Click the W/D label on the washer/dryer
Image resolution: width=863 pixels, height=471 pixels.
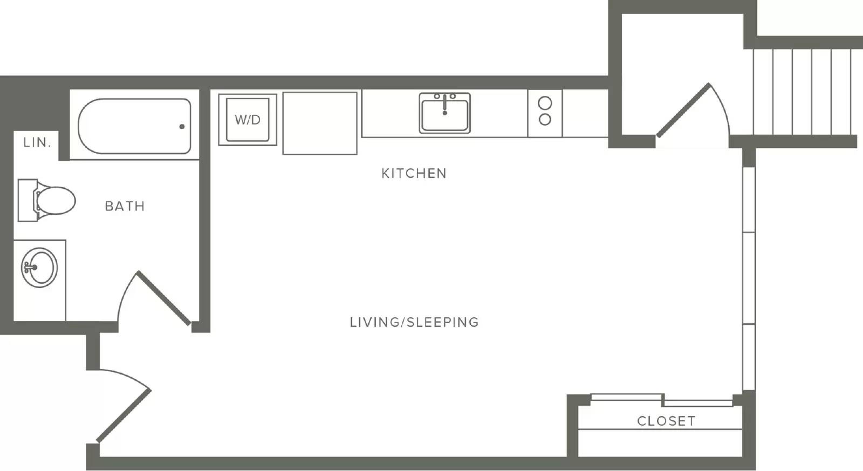pos(248,120)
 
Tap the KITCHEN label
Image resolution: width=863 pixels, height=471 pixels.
pos(414,173)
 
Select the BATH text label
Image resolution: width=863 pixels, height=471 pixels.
pos(125,206)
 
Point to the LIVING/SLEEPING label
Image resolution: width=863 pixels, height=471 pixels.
pos(414,322)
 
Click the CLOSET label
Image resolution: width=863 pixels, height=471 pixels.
pos(667,421)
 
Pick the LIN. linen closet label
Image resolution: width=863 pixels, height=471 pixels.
pos(37,142)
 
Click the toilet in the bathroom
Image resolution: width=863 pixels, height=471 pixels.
pos(46,200)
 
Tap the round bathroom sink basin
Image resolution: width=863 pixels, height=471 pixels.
pos(39,268)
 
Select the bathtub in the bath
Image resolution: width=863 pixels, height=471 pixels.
pos(134,126)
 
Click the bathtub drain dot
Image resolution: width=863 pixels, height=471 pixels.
pos(182,126)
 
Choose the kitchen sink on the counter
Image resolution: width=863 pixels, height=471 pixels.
pos(444,113)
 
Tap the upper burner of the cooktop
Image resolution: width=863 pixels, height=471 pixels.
pos(545,103)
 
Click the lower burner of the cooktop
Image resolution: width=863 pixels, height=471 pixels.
pos(545,119)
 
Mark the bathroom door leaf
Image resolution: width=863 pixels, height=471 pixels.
pos(163,298)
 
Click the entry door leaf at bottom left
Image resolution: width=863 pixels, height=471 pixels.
pos(124,416)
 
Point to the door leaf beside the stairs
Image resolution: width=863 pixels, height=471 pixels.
pos(683,110)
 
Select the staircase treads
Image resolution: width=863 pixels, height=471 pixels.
pos(802,92)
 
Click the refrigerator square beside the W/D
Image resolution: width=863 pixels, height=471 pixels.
pos(320,123)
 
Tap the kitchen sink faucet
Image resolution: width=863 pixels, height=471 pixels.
pos(444,104)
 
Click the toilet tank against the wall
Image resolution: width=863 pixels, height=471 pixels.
pos(28,200)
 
